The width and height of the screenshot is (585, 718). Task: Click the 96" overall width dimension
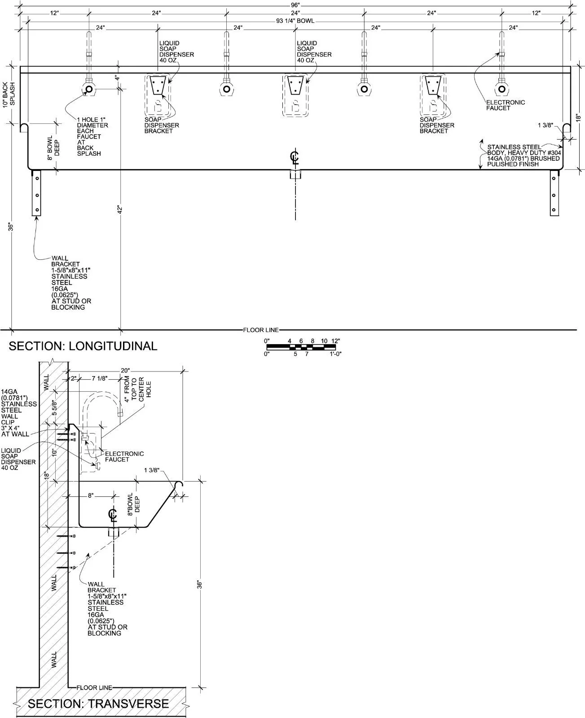(295, 5)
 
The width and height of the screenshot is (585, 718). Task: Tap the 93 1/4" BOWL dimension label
(295, 21)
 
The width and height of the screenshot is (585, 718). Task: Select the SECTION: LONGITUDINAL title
(83, 346)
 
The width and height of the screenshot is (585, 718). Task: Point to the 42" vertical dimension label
(120, 209)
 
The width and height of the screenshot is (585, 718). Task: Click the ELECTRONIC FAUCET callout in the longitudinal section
(506, 105)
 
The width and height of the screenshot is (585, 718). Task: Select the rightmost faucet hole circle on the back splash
(502, 89)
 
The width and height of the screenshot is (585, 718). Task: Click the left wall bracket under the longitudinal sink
(36, 193)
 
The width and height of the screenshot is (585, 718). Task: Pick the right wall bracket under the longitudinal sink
(554, 193)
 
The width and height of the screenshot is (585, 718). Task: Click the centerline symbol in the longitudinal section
(295, 158)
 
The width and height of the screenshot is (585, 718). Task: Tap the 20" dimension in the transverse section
(125, 371)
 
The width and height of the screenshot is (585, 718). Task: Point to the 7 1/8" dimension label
(100, 379)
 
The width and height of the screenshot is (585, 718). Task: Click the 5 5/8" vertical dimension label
(54, 407)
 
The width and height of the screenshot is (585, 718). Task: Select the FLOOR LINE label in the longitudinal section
(261, 330)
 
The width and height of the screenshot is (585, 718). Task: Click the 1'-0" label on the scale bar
(335, 354)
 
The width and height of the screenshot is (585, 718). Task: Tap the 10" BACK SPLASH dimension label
(9, 95)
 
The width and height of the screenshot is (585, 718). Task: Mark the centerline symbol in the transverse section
(113, 514)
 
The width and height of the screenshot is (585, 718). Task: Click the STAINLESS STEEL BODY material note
(524, 155)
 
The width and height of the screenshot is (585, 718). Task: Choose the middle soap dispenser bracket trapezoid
(295, 85)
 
